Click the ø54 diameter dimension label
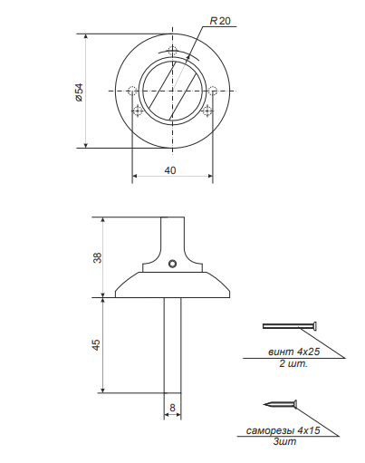[79, 92]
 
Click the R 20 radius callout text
[218, 20]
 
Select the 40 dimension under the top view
[171, 169]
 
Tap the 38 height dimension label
[98, 257]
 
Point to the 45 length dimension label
[98, 344]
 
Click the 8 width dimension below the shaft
[171, 407]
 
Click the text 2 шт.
[293, 364]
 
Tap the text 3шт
[285, 441]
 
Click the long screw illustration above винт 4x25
[290, 325]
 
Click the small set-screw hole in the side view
[171, 265]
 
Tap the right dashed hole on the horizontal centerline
[213, 91]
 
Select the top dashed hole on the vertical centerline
[172, 51]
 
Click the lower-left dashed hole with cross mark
[138, 111]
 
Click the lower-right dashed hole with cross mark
[207, 111]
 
